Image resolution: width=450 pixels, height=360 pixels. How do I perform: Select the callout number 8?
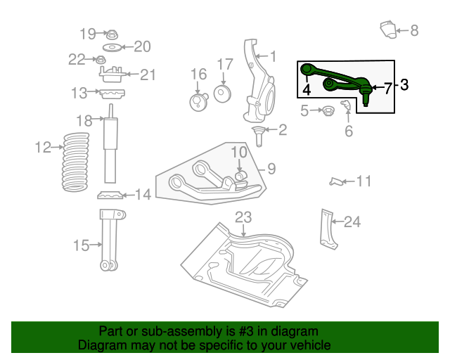tap(413, 30)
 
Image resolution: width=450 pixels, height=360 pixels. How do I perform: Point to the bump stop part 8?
tap(387, 30)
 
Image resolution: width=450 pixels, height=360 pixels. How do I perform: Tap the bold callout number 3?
tap(404, 86)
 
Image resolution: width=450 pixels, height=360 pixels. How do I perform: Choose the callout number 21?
tap(148, 75)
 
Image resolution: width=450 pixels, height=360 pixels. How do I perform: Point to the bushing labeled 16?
tap(198, 103)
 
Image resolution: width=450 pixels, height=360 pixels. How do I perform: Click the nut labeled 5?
tap(326, 110)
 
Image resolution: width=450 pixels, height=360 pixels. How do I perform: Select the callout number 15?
tap(81, 245)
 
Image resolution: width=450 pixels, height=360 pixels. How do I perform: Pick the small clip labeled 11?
tap(337, 182)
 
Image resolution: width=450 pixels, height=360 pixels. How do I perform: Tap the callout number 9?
tap(271, 169)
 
